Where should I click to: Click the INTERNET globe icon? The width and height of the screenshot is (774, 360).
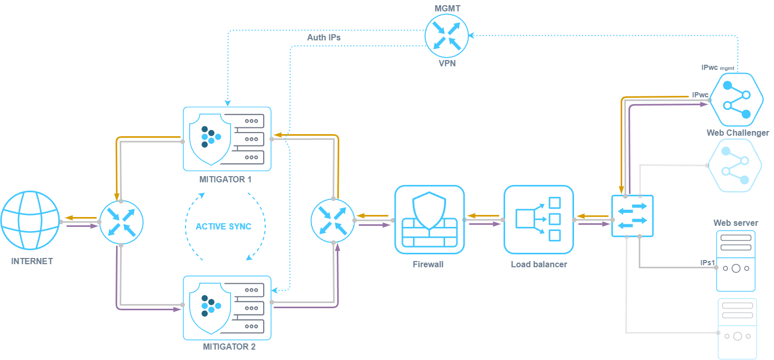point(30,222)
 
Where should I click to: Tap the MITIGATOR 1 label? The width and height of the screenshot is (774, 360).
point(225,179)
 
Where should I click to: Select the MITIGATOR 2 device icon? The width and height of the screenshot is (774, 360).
point(227,308)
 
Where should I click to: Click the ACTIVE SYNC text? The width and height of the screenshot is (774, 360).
point(223,227)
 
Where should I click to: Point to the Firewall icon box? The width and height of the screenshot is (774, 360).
point(429,220)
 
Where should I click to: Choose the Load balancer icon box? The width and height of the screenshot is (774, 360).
point(538,220)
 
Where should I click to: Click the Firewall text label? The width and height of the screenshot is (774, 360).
point(428,264)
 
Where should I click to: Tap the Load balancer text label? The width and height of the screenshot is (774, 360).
point(539,264)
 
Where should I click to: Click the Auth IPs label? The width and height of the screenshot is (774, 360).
point(324,37)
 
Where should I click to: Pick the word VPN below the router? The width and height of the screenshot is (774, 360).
point(446,64)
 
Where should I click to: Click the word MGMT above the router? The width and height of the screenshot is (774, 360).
point(446,9)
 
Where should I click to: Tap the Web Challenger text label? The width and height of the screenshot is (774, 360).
point(738,133)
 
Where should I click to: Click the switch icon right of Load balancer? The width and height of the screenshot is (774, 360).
point(632,216)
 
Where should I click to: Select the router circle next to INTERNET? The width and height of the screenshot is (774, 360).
point(121,222)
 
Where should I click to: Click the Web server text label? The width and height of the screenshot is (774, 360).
point(736,223)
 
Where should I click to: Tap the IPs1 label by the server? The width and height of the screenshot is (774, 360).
point(707,263)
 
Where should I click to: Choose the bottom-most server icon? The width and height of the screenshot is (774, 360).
point(737,328)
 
